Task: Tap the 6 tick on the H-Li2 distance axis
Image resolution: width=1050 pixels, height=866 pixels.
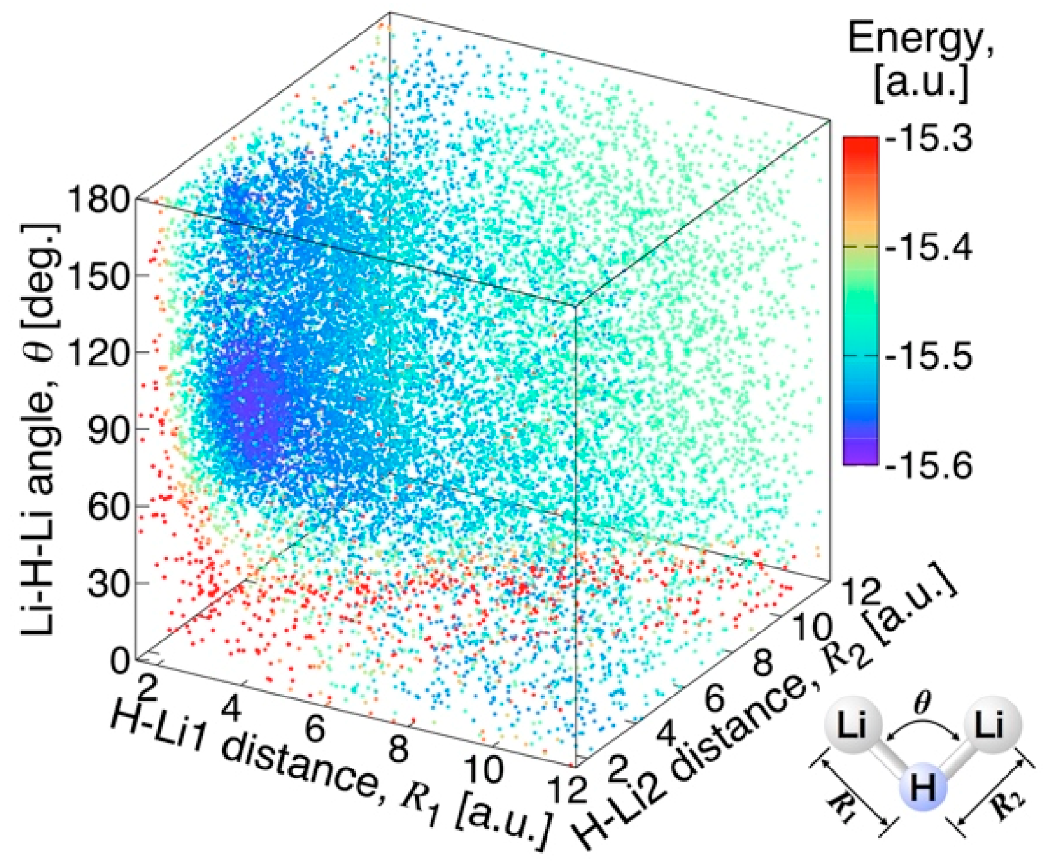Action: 714,697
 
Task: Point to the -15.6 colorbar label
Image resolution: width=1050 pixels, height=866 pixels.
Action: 928,465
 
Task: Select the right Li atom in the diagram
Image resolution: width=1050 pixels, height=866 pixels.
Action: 990,726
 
